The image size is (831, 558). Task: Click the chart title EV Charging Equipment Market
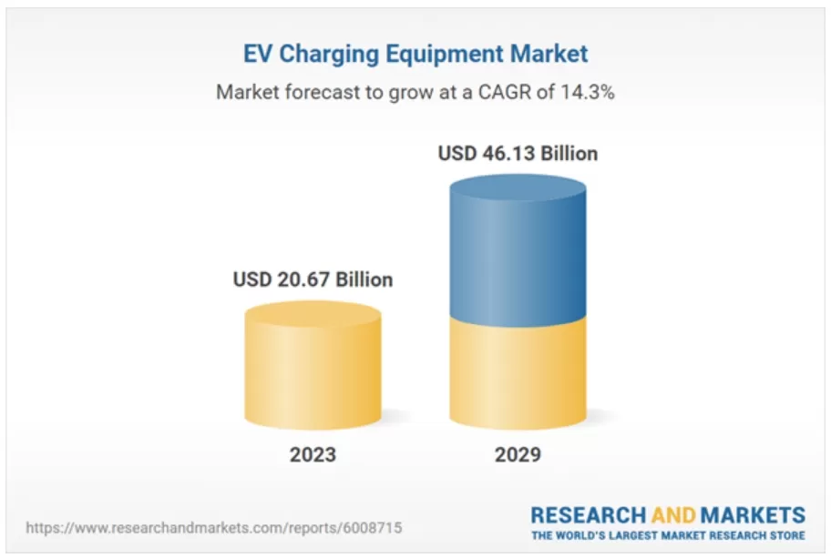pos(415,54)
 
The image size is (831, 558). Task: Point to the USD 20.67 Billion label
pos(313,279)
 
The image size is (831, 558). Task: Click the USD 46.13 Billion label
pos(518,153)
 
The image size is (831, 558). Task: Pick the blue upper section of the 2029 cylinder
pos(518,255)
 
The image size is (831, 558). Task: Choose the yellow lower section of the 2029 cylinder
pos(518,373)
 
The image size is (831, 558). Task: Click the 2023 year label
pos(313,454)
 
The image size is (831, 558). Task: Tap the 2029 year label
pos(518,454)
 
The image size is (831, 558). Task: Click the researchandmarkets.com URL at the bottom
pos(213,527)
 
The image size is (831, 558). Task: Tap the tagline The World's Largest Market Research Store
pos(668,535)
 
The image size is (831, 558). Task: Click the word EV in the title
pos(258,54)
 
